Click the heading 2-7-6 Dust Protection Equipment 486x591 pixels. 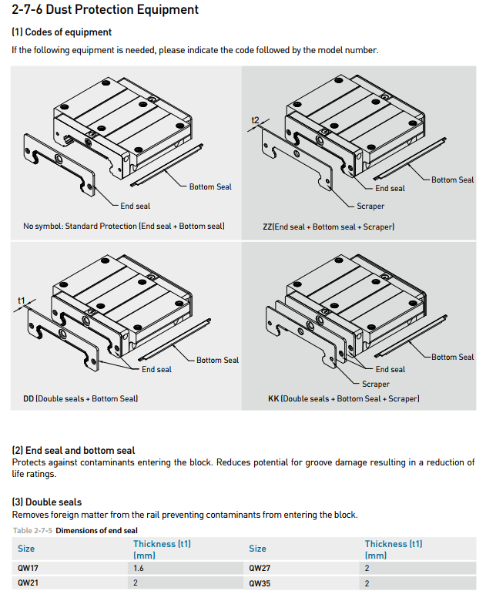click(106, 10)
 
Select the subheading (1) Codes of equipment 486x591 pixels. click(62, 32)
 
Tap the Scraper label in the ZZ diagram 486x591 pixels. click(370, 207)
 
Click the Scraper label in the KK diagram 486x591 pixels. click(375, 384)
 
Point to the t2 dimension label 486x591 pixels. click(256, 121)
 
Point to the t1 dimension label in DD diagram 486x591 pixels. click(22, 300)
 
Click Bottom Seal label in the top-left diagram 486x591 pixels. click(210, 186)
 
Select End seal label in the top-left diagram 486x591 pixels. click(136, 206)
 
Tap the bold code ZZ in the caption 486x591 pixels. click(268, 227)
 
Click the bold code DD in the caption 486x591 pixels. click(28, 398)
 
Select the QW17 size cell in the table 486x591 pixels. click(28, 568)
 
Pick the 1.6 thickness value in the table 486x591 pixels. click(139, 568)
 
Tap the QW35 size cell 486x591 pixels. click(260, 583)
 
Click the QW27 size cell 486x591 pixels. click(260, 568)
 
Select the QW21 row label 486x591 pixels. click(28, 583)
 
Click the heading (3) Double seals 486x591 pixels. click(46, 502)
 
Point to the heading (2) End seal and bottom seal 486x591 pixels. click(73, 451)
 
